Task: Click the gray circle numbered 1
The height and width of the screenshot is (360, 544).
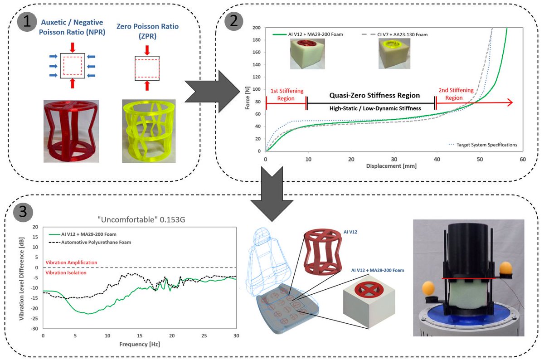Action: click(x=27, y=22)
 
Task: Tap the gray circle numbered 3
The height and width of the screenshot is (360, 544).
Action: click(x=23, y=212)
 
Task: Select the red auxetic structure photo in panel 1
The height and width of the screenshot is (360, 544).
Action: click(x=71, y=131)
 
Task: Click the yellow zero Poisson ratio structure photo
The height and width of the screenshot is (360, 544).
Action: click(x=149, y=131)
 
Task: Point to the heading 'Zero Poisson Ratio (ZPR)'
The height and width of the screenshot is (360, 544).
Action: click(x=147, y=31)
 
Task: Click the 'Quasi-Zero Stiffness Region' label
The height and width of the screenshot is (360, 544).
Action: click(x=374, y=95)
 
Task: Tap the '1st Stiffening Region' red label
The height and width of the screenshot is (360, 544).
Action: click(x=287, y=94)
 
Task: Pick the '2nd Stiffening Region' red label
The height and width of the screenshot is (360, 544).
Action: click(x=456, y=94)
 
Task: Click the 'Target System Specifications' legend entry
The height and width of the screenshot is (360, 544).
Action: click(x=483, y=145)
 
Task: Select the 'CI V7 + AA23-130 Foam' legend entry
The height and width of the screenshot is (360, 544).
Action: click(x=395, y=34)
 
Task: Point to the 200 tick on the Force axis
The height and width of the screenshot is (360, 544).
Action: click(x=257, y=28)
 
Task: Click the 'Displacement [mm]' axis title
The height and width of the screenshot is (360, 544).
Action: click(x=391, y=166)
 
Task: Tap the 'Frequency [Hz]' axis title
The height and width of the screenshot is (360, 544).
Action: click(x=140, y=344)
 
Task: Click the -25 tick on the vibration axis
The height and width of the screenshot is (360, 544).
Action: click(x=34, y=318)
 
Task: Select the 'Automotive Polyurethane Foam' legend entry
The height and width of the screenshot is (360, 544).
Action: click(x=90, y=242)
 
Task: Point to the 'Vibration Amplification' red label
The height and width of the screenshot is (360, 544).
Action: click(x=72, y=263)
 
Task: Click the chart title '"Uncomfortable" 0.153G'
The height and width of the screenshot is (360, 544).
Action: click(x=141, y=219)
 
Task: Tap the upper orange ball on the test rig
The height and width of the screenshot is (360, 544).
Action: click(x=506, y=268)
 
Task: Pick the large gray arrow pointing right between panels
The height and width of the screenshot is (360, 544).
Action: click(x=212, y=92)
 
